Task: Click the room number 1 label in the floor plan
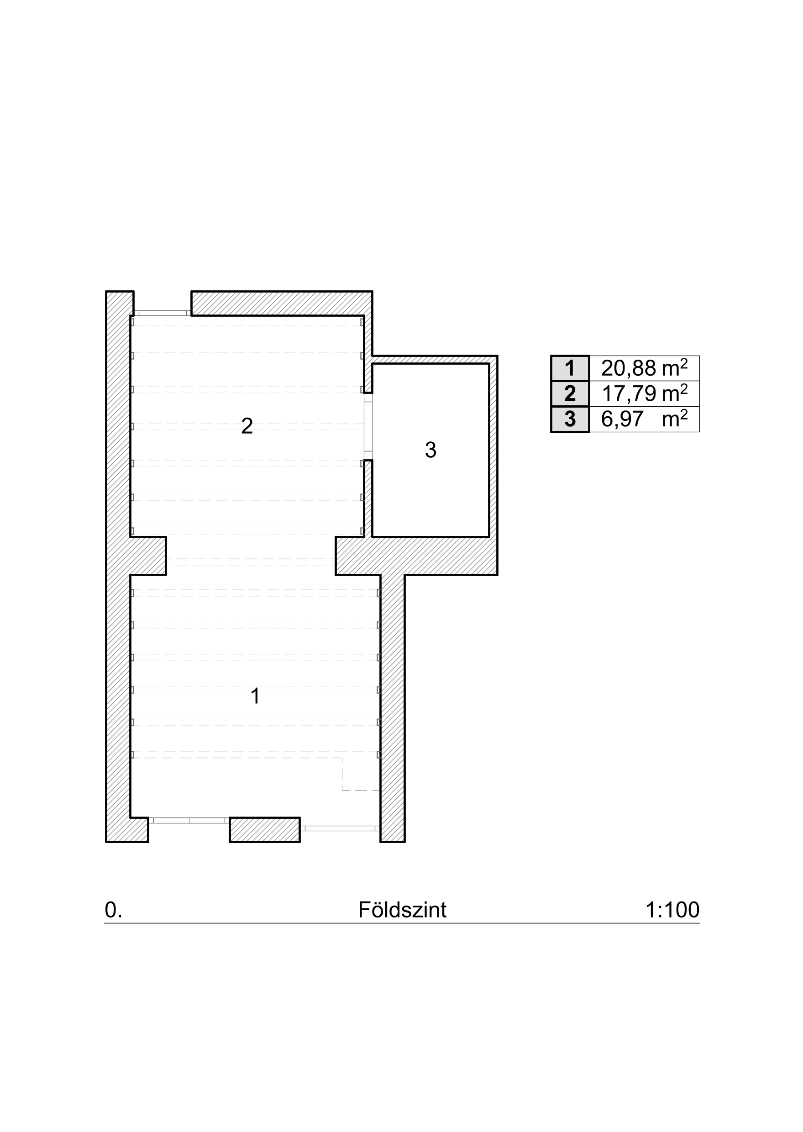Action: pyautogui.click(x=255, y=697)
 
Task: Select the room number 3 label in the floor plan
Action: pyautogui.click(x=430, y=451)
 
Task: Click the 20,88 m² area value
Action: pyautogui.click(x=644, y=368)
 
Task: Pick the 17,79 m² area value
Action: pyautogui.click(x=644, y=394)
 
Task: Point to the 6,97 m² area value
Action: pyautogui.click(x=644, y=419)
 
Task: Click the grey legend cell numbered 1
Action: pyautogui.click(x=570, y=368)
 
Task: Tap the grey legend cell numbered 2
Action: pyautogui.click(x=570, y=394)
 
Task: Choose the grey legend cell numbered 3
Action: pyautogui.click(x=570, y=419)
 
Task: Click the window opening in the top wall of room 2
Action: pyautogui.click(x=163, y=312)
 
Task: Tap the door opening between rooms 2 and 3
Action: pyautogui.click(x=368, y=427)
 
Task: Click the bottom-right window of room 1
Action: pyautogui.click(x=340, y=828)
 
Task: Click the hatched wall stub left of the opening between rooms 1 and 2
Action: pyautogui.click(x=148, y=556)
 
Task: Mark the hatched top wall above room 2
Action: pyautogui.click(x=282, y=303)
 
